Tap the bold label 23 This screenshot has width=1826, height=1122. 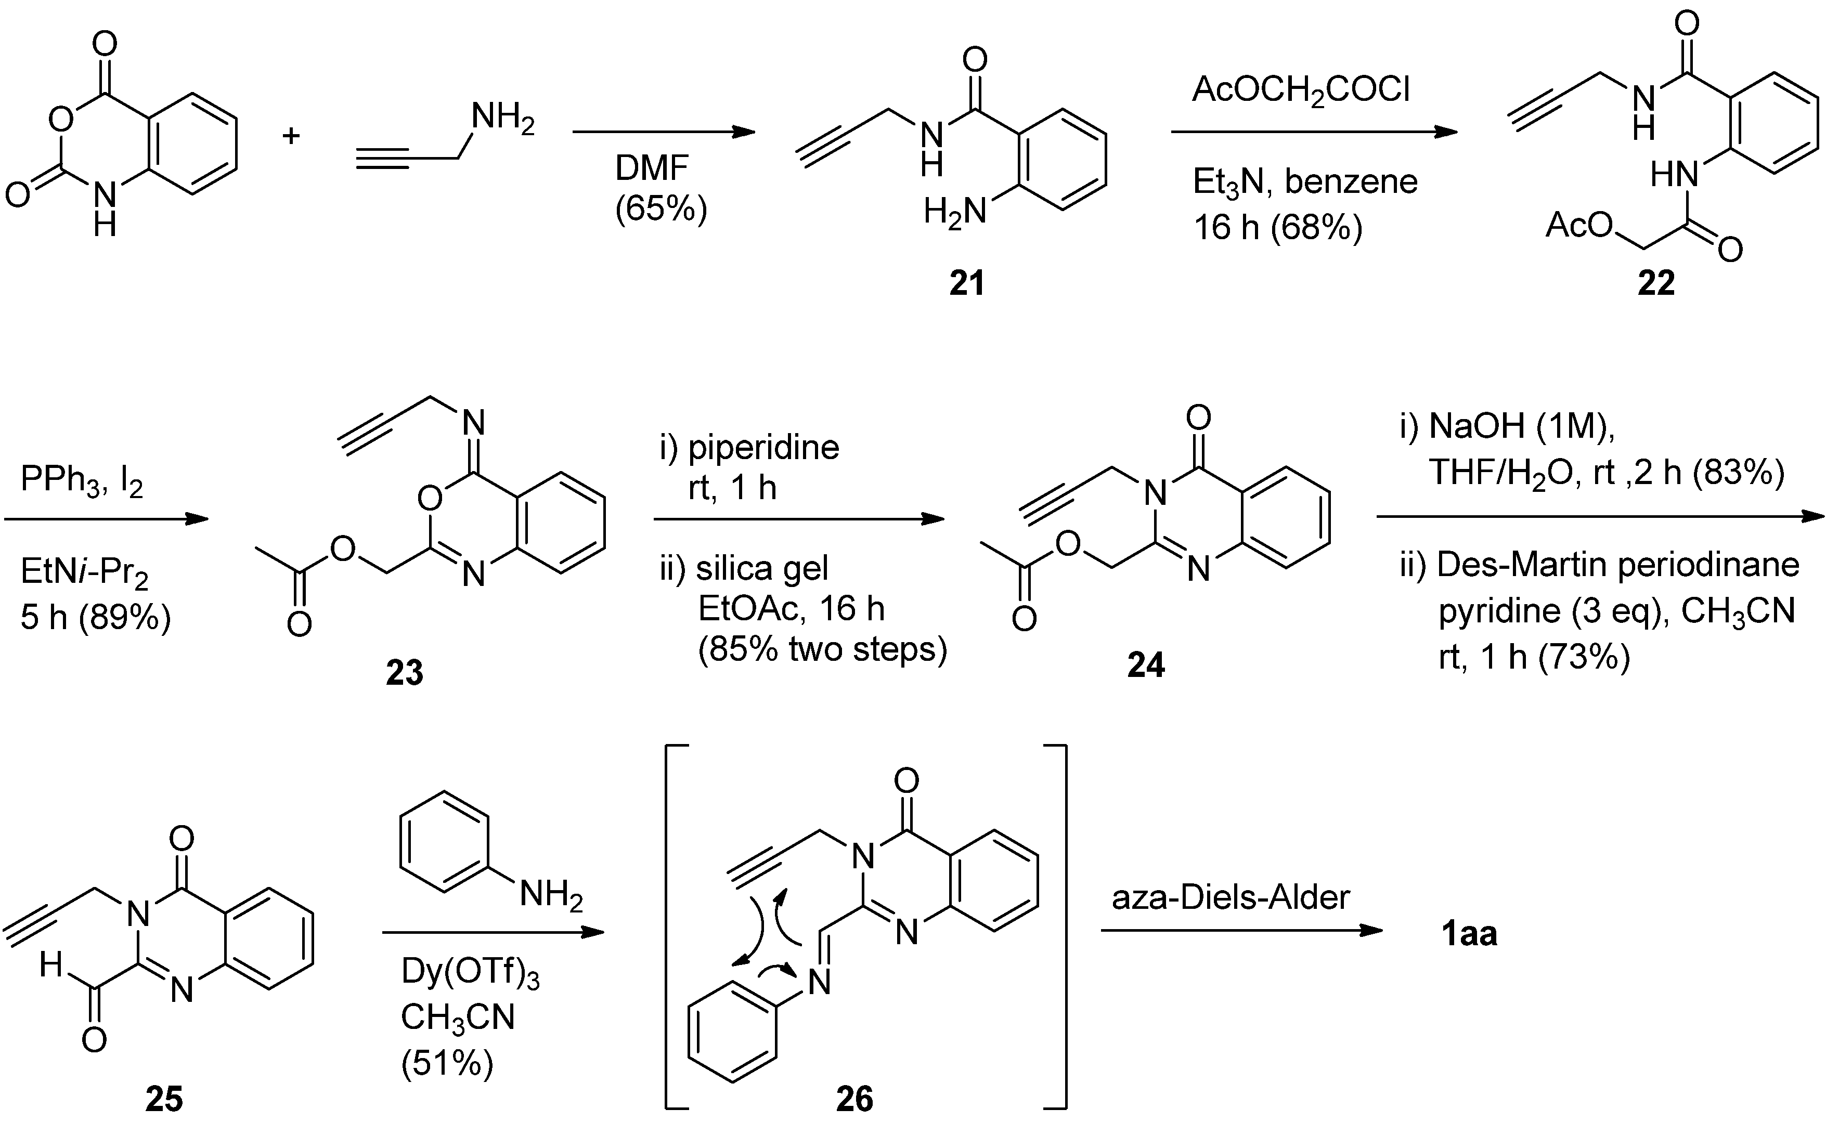click(405, 672)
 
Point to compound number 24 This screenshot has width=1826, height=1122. click(1145, 665)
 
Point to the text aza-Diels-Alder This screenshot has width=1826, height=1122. click(1230, 897)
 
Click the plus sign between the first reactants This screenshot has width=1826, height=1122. click(291, 136)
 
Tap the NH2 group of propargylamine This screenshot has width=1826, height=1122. click(503, 119)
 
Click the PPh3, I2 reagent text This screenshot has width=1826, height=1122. click(82, 480)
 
